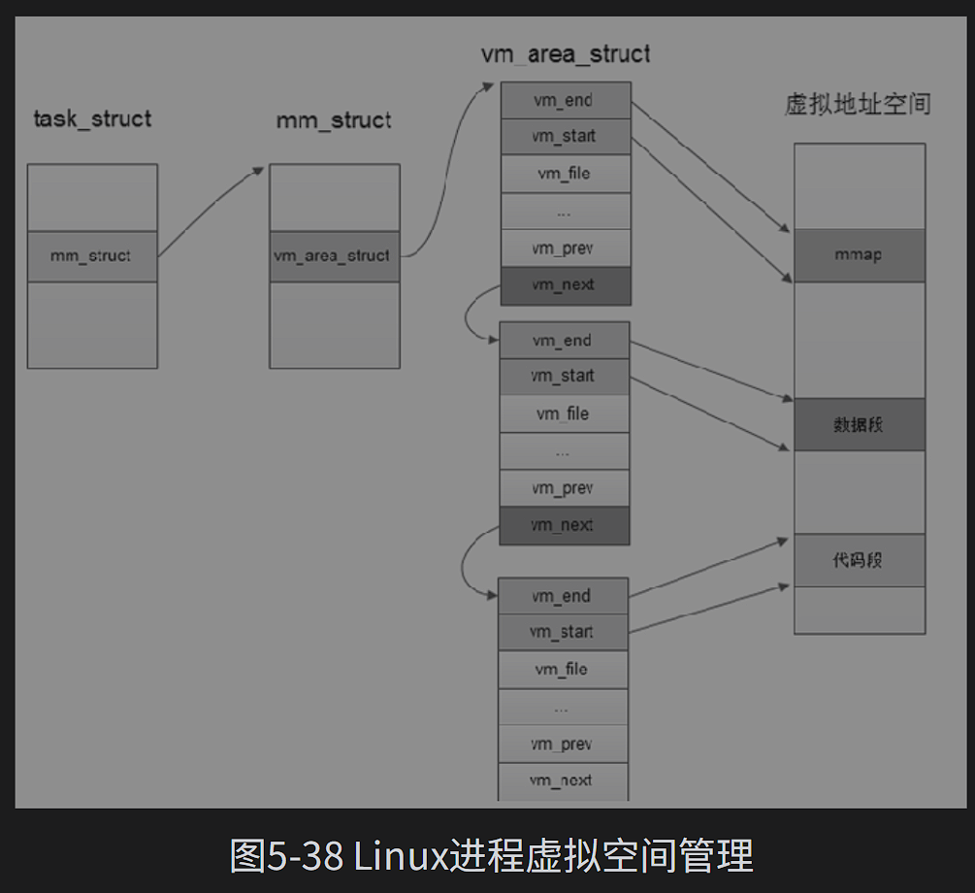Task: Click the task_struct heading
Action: (x=92, y=119)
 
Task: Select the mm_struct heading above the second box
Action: (x=334, y=120)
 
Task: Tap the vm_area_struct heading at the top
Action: (x=566, y=53)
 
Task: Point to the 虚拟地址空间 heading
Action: (x=858, y=104)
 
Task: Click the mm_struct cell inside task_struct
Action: (x=91, y=256)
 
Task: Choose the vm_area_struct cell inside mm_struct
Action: (x=333, y=256)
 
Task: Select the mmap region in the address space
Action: (x=859, y=255)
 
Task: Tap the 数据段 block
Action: (x=859, y=424)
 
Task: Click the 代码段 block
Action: (x=859, y=560)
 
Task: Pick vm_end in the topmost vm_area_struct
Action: (x=564, y=100)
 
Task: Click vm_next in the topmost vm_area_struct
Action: (x=564, y=285)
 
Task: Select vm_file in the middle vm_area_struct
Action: (x=564, y=414)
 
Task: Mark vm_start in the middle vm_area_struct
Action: (x=564, y=377)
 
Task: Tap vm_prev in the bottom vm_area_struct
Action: (x=563, y=744)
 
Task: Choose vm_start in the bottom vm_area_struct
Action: (x=563, y=632)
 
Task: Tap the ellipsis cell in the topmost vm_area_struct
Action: (x=564, y=212)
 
